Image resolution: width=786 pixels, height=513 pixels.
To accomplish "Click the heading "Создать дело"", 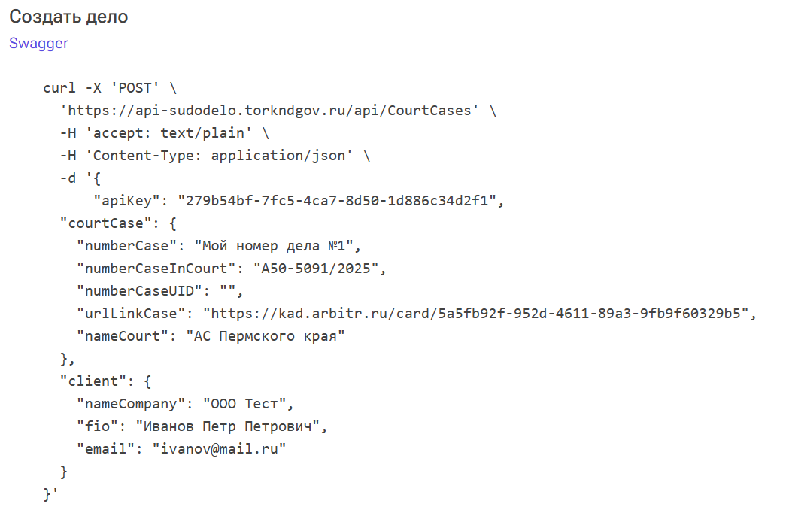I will (x=68, y=17).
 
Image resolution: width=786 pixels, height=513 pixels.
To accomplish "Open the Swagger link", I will (x=38, y=43).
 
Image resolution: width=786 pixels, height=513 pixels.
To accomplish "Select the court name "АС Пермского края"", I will (x=266, y=336).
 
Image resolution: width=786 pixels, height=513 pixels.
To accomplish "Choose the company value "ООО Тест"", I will (x=248, y=404).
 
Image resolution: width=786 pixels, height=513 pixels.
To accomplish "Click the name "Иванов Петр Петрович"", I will (x=229, y=426).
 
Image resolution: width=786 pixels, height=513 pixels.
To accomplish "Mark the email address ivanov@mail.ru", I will (x=220, y=449).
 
